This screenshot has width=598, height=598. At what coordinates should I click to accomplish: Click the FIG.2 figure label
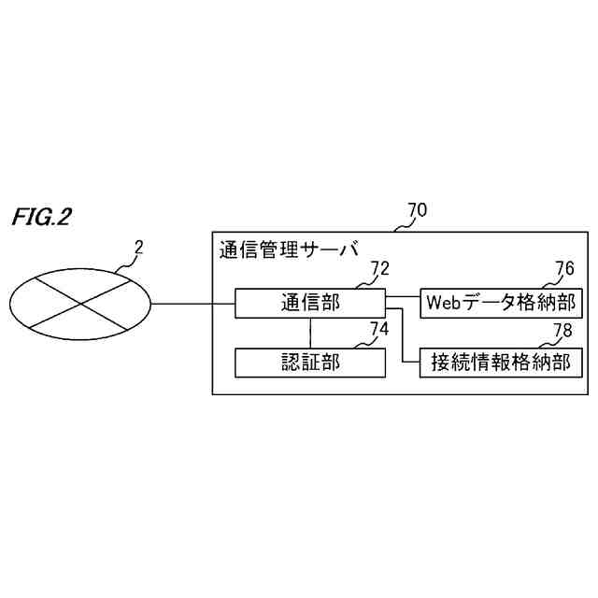[42, 218]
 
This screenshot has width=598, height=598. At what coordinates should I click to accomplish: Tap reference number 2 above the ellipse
[139, 248]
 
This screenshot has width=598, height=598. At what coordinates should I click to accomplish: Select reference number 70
[418, 210]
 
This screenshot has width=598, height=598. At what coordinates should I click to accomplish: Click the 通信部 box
[309, 304]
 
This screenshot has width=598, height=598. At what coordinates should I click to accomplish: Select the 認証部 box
[309, 362]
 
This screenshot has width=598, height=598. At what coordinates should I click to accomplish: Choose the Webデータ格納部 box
[503, 304]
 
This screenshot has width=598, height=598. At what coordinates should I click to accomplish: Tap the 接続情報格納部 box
[503, 362]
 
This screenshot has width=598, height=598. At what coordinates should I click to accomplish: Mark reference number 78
[564, 328]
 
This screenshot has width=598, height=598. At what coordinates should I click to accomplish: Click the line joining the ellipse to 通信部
[192, 304]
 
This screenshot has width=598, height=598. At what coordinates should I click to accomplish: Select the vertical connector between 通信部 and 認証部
[309, 333]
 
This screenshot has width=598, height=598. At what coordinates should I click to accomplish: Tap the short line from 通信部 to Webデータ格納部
[402, 297]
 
